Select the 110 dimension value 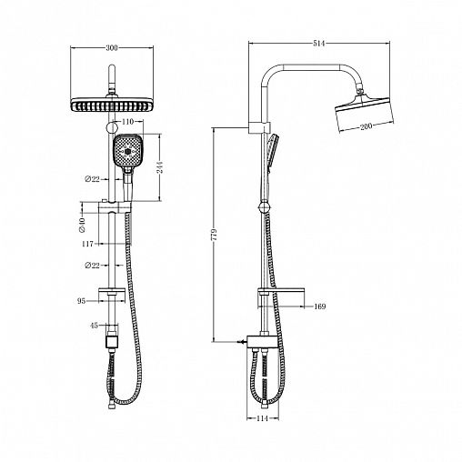click(126, 121)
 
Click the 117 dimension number click(89, 244)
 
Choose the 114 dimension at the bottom click(264, 421)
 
